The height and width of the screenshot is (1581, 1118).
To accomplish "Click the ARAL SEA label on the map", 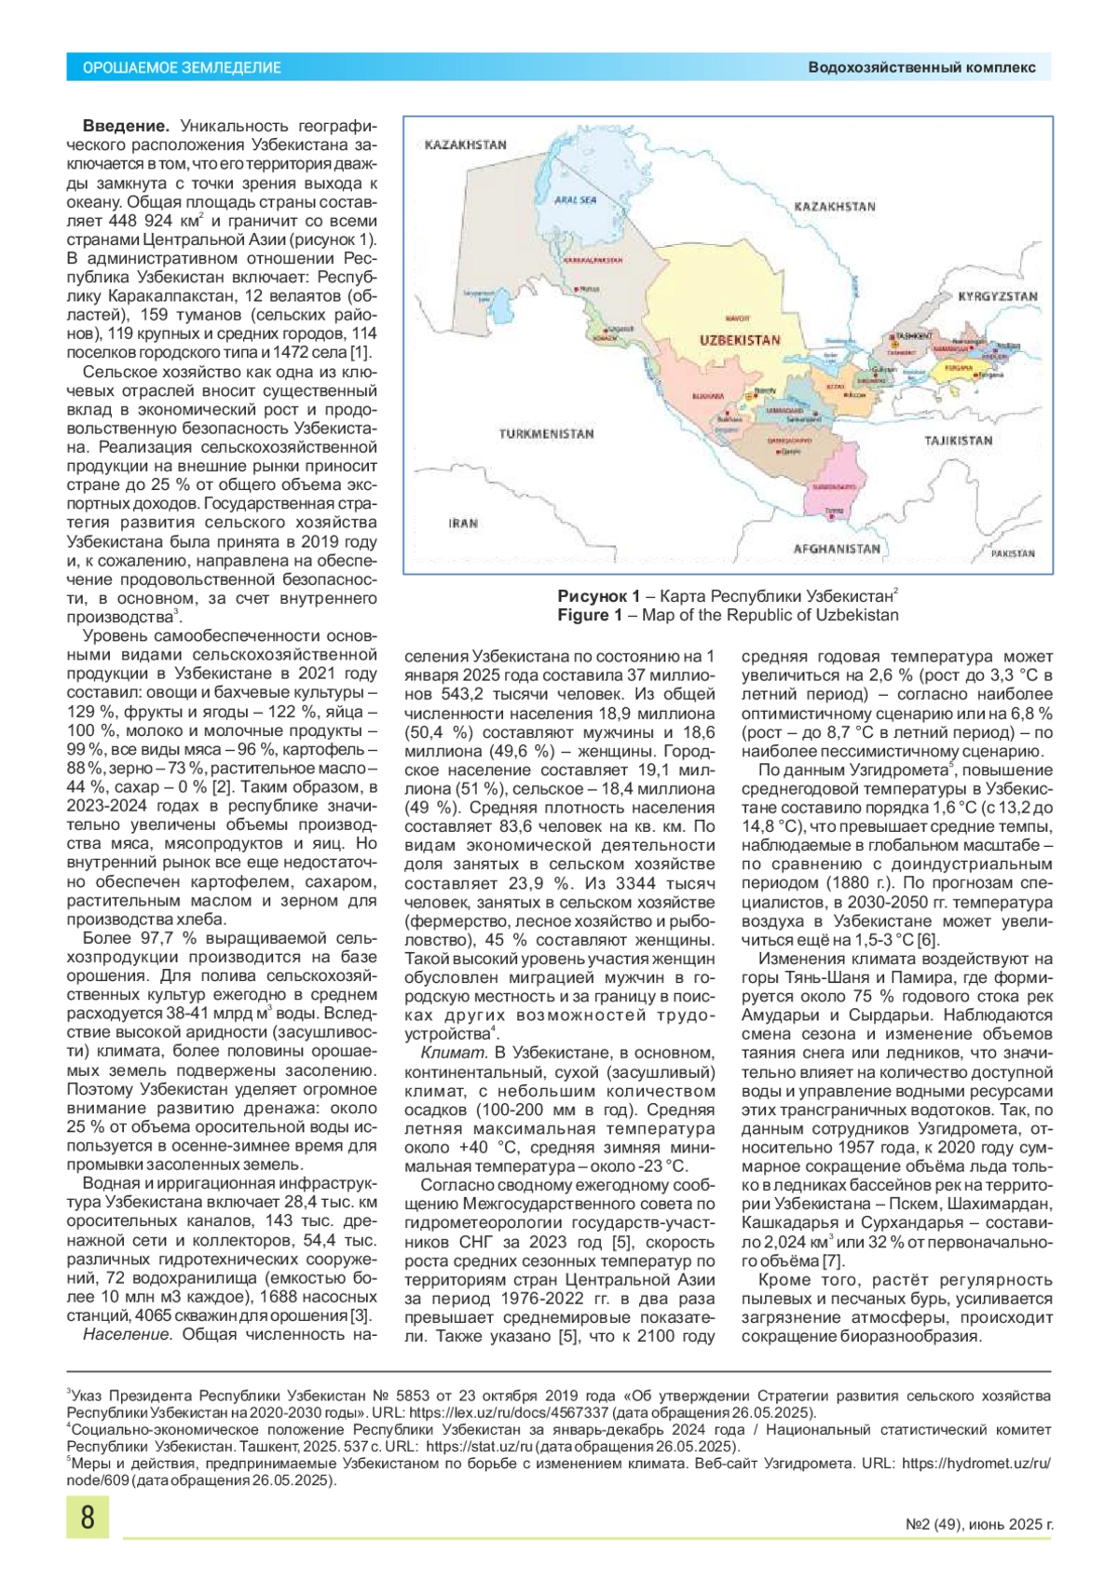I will [x=575, y=199].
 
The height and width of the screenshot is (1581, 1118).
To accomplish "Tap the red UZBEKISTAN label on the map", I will [x=740, y=340].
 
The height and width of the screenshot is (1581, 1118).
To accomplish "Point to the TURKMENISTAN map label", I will [x=546, y=434].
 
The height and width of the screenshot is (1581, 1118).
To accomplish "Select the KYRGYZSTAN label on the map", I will [x=998, y=296].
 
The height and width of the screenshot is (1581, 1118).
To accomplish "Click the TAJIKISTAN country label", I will [x=959, y=441].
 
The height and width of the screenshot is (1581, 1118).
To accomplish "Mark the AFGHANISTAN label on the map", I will [x=837, y=549].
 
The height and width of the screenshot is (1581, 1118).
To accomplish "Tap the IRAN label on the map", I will [x=463, y=524].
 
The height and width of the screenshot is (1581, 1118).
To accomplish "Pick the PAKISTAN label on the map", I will [x=1013, y=553].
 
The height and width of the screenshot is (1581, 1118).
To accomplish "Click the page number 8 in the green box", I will [x=88, y=1517].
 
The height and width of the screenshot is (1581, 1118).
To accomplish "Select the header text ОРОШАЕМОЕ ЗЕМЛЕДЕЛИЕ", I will [x=182, y=68].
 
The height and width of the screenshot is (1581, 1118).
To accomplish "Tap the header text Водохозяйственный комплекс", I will [x=921, y=68].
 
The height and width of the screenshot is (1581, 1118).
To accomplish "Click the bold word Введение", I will [x=126, y=126].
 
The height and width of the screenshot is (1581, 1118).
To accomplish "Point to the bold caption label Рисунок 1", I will [x=598, y=596].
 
